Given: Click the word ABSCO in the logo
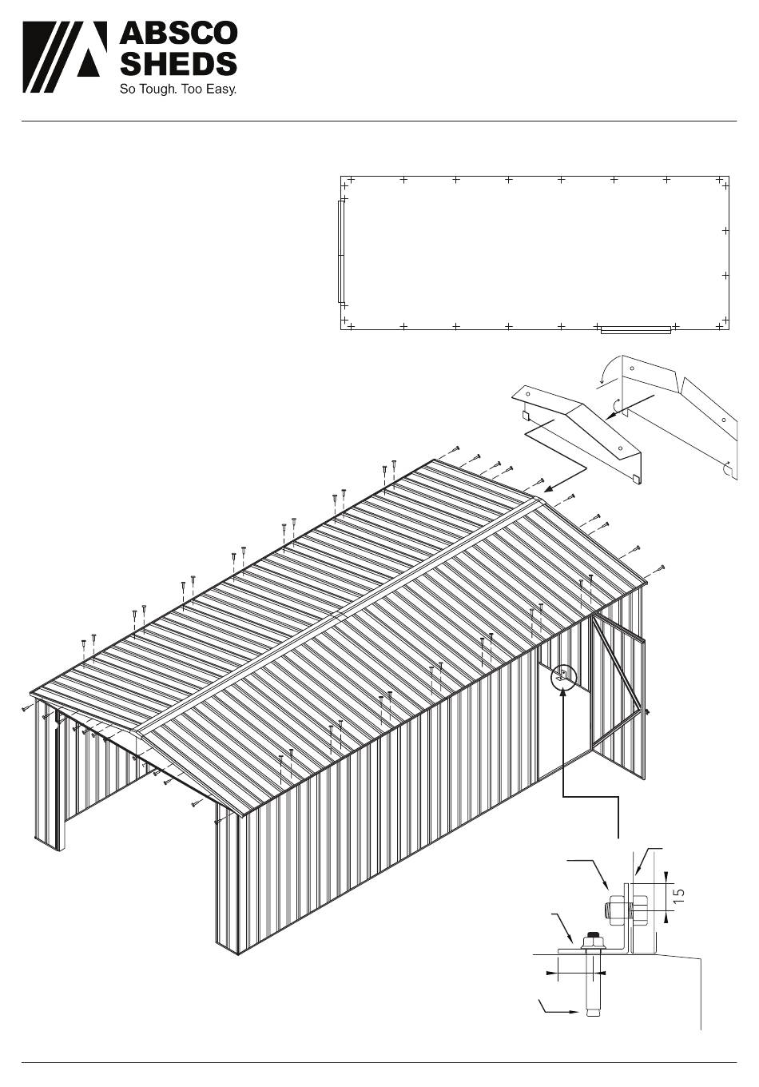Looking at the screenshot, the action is pos(178,34).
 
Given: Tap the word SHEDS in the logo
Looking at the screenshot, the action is pos(178,64).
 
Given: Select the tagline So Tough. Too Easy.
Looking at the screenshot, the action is pos(178,90).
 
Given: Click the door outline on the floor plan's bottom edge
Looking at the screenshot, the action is pos(636,330).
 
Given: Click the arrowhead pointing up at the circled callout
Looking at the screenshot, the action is pos(562,695).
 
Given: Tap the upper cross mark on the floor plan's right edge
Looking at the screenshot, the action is pos(725,231).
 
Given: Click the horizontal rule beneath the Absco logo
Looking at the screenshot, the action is pos(379,121).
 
